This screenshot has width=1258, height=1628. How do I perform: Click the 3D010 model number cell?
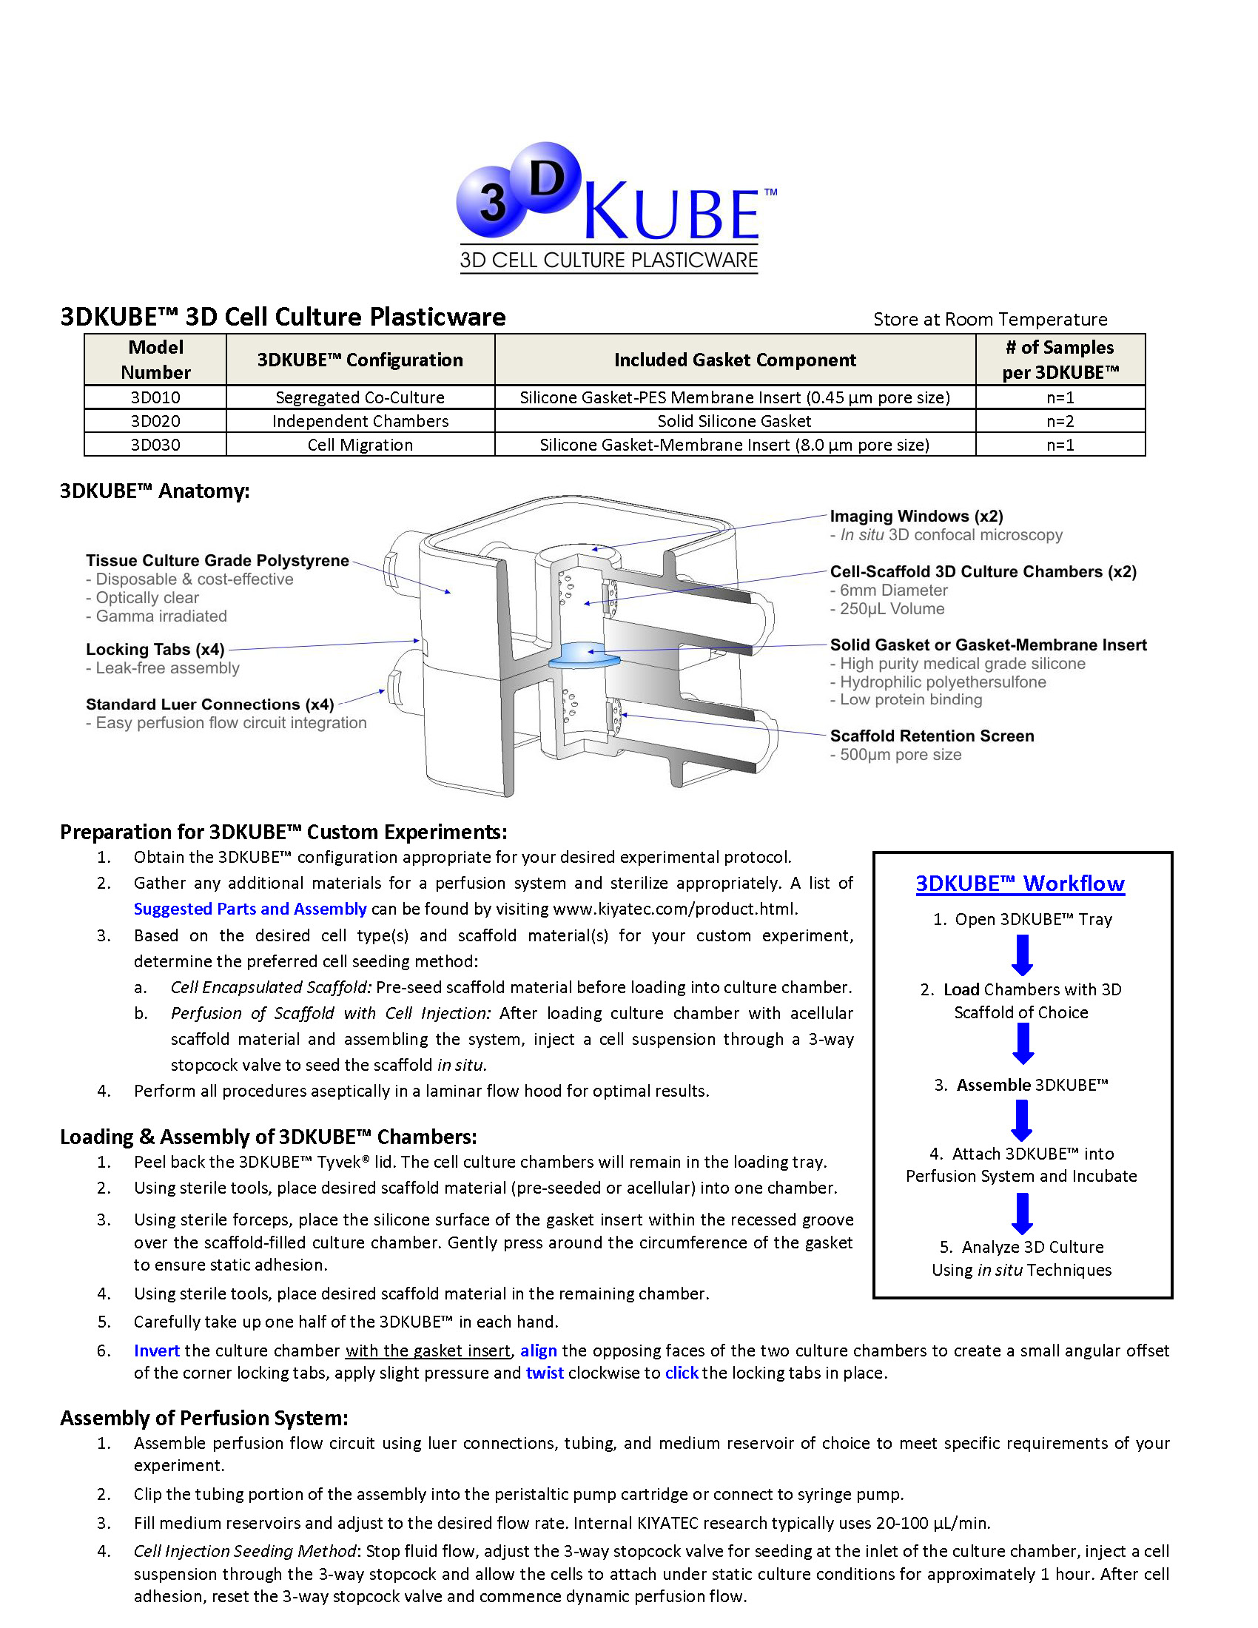click(x=155, y=397)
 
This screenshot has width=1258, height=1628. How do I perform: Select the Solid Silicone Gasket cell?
click(x=734, y=421)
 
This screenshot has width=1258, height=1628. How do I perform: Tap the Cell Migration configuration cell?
click(x=360, y=445)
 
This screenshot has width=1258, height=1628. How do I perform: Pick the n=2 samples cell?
click(x=1060, y=421)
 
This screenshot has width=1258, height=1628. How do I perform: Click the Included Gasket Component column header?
click(x=734, y=360)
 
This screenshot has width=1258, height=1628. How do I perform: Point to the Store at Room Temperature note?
click(x=989, y=320)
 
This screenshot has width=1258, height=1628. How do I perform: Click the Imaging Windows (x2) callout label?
click(x=916, y=516)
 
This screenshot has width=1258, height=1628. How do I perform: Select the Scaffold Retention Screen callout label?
click(x=932, y=736)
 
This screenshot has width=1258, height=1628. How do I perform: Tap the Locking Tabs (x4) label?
click(x=155, y=649)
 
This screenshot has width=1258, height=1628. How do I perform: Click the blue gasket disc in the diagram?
click(x=585, y=653)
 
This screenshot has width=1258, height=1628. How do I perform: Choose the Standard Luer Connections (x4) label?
click(x=209, y=704)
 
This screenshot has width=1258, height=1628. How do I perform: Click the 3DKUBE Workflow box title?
click(x=1020, y=884)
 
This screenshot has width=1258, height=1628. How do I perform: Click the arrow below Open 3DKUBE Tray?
click(x=1022, y=955)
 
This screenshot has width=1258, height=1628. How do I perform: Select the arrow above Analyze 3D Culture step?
click(x=1022, y=1214)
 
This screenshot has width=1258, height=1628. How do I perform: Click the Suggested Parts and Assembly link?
click(x=249, y=909)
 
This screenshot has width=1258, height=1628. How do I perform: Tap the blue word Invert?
click(x=156, y=1350)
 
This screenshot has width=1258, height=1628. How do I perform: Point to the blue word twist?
click(x=545, y=1373)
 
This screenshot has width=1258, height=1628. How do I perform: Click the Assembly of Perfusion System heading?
click(x=204, y=1418)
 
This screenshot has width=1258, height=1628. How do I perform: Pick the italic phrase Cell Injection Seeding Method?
click(x=244, y=1551)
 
